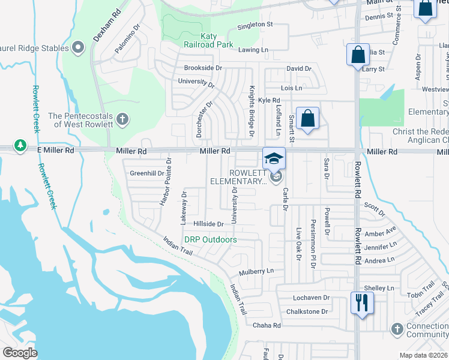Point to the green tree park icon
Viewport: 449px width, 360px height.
click(20, 146)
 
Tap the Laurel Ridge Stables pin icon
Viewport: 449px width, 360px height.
click(77, 47)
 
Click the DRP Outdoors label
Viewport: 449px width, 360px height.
click(210, 239)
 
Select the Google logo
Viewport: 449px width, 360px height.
click(20, 353)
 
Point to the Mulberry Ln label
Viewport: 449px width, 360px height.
click(256, 271)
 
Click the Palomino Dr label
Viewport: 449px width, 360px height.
click(127, 36)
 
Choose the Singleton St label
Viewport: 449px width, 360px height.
click(255, 25)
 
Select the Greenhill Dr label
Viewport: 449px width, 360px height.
click(147, 173)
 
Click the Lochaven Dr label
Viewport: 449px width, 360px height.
click(312, 298)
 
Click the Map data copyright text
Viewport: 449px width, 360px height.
click(423, 355)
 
